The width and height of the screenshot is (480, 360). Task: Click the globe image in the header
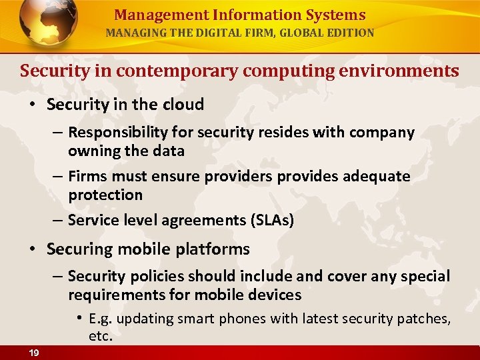pos(48,24)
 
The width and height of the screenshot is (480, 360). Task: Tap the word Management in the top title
pos(151,15)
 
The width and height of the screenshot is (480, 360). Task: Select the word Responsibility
pos(119,133)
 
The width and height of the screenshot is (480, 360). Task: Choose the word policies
pos(156,276)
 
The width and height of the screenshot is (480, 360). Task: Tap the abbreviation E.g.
pos(100,319)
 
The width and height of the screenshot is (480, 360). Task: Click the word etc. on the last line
pos(101,336)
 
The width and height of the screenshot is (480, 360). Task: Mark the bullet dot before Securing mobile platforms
pos(31,249)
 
